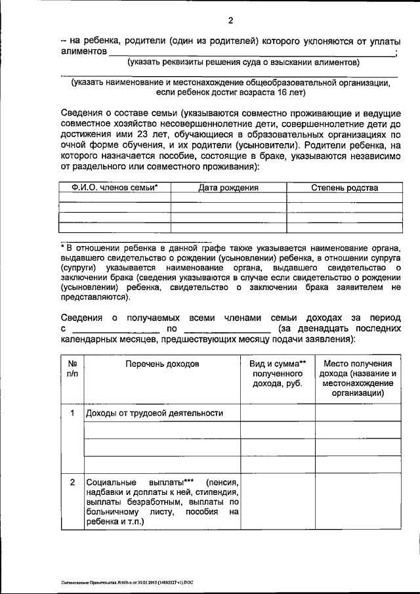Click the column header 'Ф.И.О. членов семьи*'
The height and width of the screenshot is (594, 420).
coord(115,188)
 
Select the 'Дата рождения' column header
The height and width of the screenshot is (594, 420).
coord(228,188)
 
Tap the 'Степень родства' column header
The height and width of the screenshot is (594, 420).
coord(345,188)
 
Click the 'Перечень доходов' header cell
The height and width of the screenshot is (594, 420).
coord(161,364)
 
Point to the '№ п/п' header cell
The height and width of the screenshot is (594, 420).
coord(72,368)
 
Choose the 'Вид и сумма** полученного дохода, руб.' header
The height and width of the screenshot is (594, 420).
coord(278,373)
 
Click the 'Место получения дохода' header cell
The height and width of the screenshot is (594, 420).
coord(358,378)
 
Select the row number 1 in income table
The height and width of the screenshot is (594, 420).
coord(72,413)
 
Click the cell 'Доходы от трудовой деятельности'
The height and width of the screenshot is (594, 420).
coord(155,413)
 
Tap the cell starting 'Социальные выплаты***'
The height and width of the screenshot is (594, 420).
coord(161,502)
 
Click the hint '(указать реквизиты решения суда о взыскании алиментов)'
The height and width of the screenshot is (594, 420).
coord(243,62)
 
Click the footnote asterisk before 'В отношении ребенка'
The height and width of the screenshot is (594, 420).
coord(62,247)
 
